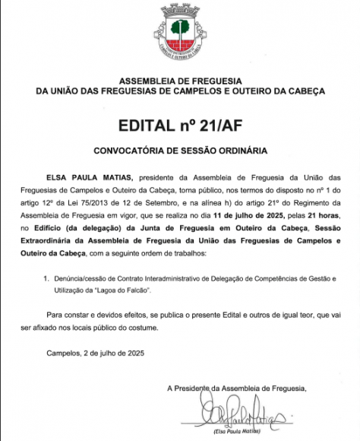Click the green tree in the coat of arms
(179, 29)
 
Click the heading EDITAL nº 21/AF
(180, 123)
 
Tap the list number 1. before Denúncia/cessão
(46, 279)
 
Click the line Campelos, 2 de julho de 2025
(94, 354)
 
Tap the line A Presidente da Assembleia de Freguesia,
(238, 389)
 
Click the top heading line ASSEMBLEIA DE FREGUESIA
(180, 80)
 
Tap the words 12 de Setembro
(194, 203)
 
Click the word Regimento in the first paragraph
(318, 203)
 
